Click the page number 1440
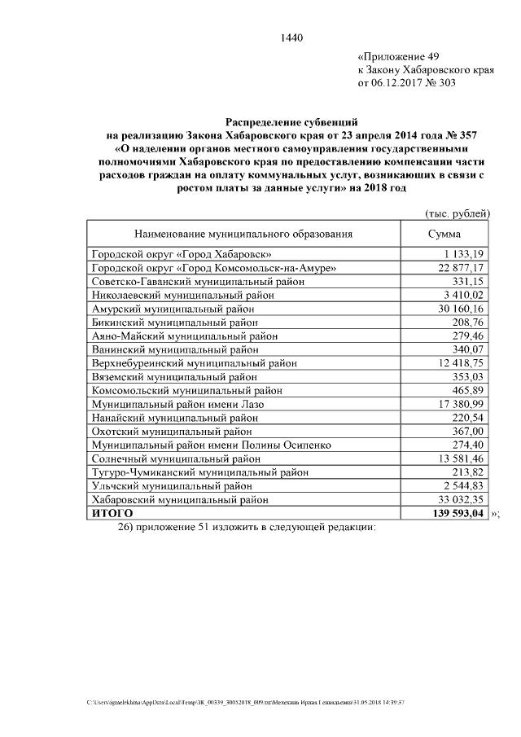(291, 37)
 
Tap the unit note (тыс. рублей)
(457, 213)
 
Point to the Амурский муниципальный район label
(173, 309)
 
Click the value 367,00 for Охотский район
(468, 432)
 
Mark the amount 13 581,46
(460, 459)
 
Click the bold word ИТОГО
(112, 514)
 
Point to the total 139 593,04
(457, 514)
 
